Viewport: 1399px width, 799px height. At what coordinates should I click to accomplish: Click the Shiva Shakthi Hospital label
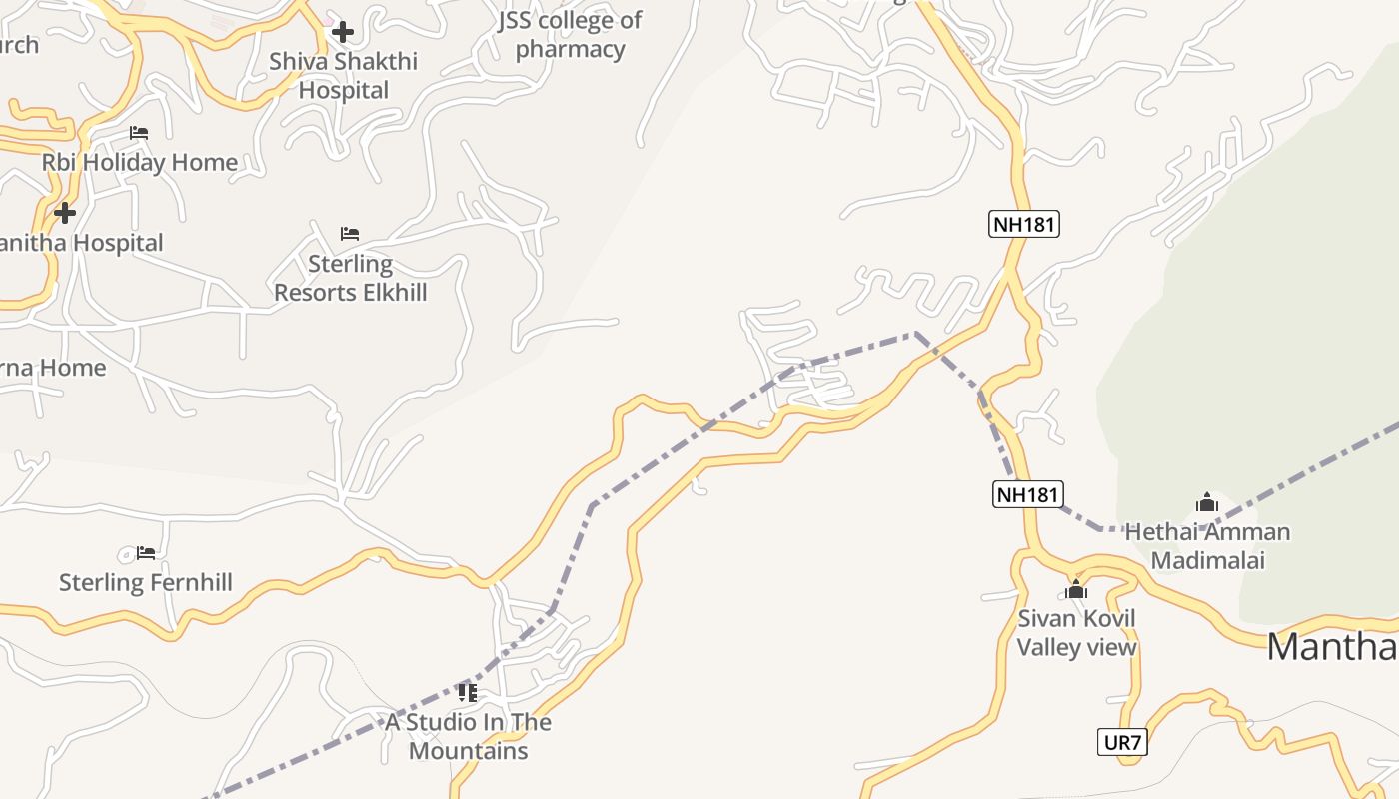(343, 76)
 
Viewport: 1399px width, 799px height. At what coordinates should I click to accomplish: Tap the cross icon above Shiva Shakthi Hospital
(343, 32)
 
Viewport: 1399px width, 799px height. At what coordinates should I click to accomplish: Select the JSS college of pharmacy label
(570, 35)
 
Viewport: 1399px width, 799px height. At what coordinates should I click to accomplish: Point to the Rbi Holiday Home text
(140, 162)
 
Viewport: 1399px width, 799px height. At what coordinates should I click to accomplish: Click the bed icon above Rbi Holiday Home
(139, 133)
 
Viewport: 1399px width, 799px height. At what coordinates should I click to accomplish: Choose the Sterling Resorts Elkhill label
(350, 278)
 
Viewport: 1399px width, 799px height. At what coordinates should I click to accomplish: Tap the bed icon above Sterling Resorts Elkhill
(349, 234)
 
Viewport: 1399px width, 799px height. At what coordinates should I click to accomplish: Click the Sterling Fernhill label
(146, 582)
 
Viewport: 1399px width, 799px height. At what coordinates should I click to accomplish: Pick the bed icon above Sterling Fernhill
(146, 553)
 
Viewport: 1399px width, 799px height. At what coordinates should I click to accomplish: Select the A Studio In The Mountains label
(468, 736)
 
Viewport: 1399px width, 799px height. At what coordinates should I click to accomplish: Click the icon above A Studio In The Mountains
(467, 692)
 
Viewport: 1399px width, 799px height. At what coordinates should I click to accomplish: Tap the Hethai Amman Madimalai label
(1207, 545)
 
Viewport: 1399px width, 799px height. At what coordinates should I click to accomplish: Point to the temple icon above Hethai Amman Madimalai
(1206, 502)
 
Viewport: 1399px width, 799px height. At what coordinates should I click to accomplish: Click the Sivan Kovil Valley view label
(1076, 632)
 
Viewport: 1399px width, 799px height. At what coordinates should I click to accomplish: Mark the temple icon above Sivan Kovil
(1076, 589)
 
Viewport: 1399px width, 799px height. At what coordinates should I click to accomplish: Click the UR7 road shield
(1122, 742)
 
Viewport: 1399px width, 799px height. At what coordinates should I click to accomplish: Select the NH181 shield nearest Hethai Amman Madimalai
(1027, 493)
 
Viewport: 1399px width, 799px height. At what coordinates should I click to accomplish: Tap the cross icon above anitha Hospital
(65, 213)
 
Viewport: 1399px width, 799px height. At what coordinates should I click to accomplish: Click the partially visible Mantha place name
(1332, 647)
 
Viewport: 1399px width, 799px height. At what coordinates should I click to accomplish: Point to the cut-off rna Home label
(53, 368)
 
